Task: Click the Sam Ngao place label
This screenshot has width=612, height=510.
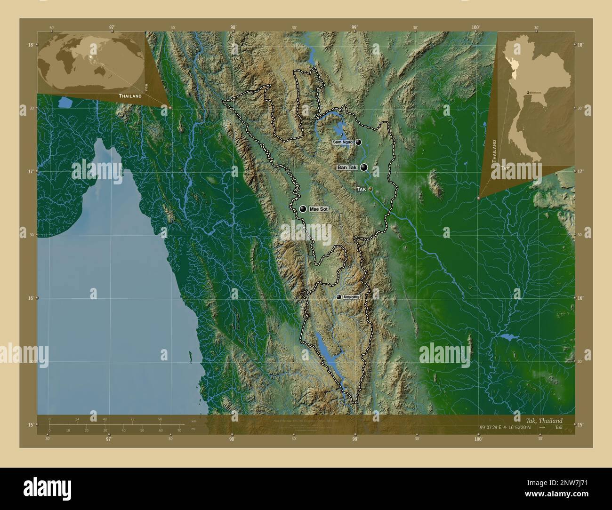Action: click(x=343, y=142)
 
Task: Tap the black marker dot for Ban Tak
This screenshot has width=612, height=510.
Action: click(x=364, y=167)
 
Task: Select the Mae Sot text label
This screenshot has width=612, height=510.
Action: click(x=318, y=209)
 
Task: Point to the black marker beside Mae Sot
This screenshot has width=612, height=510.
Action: click(x=303, y=209)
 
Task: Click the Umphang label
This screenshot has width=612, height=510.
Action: click(x=352, y=297)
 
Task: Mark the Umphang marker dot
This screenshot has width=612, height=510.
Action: click(x=339, y=297)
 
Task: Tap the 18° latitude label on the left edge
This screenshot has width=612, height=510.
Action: click(x=31, y=45)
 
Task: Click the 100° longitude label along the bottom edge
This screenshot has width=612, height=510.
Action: click(x=478, y=439)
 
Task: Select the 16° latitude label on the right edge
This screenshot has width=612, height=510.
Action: click(x=580, y=298)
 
